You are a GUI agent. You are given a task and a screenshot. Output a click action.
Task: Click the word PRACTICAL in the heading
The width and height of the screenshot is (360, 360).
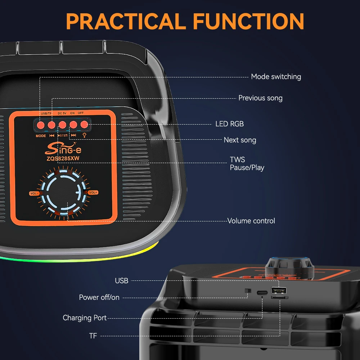coord(126,21)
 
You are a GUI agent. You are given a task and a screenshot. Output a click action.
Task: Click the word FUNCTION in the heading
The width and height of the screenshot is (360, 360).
coord(248,21)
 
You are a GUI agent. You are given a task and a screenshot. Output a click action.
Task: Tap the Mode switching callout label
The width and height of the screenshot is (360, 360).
coord(276,77)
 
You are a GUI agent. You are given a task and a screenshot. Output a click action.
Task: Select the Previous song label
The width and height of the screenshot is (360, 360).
coord(260,98)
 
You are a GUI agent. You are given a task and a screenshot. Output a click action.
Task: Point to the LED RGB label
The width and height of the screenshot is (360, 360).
coord(229,124)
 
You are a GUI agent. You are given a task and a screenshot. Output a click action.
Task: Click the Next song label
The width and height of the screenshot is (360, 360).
coord(240,140)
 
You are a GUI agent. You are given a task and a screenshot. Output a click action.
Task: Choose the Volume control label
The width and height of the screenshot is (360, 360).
coord(251,221)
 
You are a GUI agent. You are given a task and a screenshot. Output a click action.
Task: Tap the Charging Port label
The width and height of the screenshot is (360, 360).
coord(85,318)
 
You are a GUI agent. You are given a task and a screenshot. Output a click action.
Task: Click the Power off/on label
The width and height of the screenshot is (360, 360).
coord(99,297)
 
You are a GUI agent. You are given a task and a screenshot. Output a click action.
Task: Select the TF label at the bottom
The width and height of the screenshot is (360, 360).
coord(93,336)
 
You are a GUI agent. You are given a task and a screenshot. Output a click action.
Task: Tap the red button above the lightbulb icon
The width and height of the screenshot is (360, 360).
coord(84,125)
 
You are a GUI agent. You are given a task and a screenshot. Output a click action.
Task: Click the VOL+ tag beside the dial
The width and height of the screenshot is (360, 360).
coord(93,192)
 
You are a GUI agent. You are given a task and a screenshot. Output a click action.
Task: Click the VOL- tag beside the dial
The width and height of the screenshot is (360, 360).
coord(34,193)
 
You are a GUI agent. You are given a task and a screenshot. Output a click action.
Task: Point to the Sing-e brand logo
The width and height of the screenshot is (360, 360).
coord(63,149)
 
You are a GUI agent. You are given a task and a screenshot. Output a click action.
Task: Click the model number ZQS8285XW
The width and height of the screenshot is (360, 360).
coord(63,158)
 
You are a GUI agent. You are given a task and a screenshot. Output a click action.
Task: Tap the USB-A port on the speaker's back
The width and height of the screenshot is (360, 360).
coord(279,291)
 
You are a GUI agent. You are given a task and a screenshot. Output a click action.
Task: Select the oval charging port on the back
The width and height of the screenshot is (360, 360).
coord(262,293)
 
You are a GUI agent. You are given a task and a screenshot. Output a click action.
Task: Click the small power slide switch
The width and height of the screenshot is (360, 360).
coord(248,291)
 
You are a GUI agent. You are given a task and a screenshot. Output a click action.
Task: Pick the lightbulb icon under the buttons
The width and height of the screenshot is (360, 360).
coord(85,135)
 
